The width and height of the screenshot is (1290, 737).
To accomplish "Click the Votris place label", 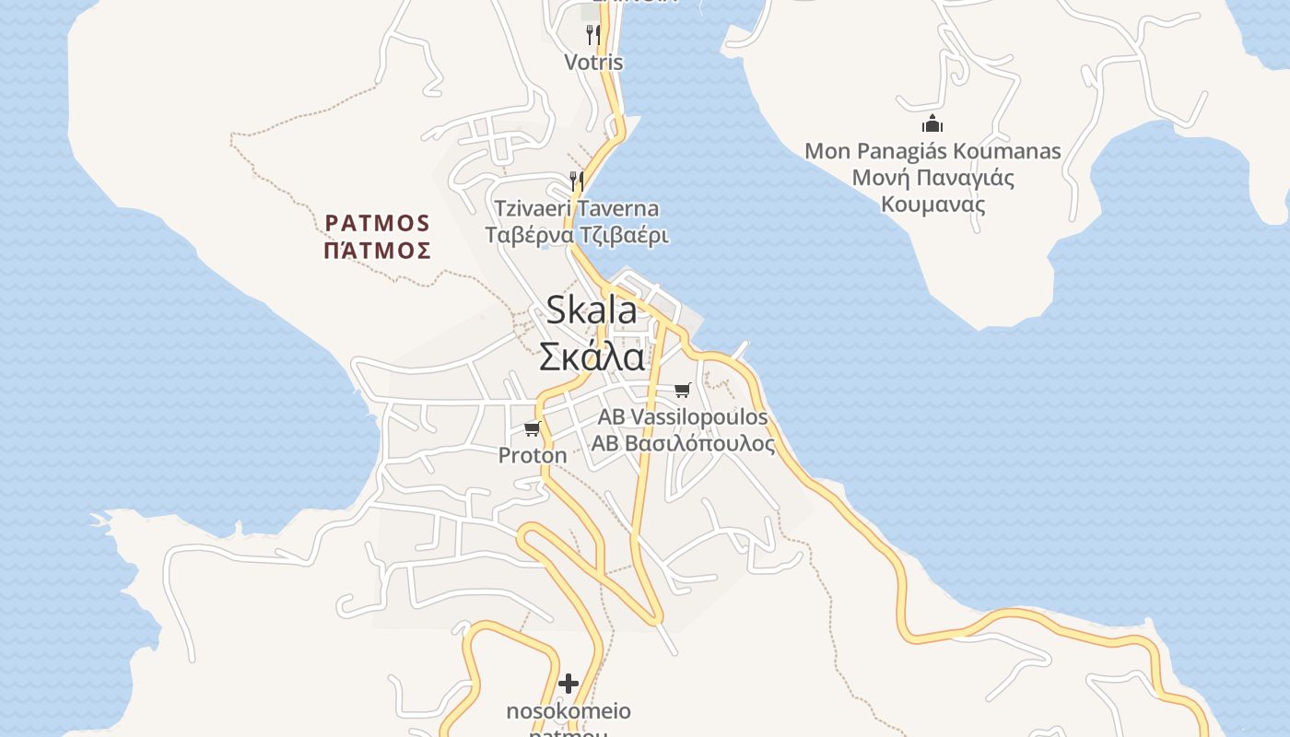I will (x=593, y=63).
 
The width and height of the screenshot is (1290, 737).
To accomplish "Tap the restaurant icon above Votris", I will (x=593, y=35).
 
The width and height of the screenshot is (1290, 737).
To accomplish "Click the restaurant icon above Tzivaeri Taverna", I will (x=577, y=180).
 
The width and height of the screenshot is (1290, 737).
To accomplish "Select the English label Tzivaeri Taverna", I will (x=577, y=208).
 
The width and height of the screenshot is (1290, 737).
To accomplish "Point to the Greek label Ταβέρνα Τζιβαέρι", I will (x=577, y=235).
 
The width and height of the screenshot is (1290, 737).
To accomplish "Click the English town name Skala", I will (x=592, y=310).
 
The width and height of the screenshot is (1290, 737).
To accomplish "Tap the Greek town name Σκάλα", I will (x=592, y=357).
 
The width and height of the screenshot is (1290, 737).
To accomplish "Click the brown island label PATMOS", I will (x=378, y=223).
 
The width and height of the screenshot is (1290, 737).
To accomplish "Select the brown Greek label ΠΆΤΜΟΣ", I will (x=378, y=251).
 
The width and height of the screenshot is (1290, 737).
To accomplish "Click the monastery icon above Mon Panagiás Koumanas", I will (x=932, y=123).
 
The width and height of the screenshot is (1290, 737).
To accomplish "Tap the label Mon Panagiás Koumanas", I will (x=932, y=150).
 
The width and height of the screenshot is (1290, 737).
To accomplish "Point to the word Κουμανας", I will (x=932, y=205).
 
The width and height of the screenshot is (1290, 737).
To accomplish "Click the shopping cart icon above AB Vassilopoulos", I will (x=682, y=390).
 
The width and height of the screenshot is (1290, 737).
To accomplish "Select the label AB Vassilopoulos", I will (x=682, y=416).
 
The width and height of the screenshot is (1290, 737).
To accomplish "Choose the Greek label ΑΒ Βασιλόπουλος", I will (x=682, y=444).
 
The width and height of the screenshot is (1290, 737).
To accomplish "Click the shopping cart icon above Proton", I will (x=532, y=428).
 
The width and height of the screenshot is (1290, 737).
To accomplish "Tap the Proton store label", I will (x=533, y=455).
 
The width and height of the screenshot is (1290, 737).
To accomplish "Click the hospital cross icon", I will (x=569, y=684).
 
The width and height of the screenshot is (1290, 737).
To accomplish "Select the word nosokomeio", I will (x=569, y=711).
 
